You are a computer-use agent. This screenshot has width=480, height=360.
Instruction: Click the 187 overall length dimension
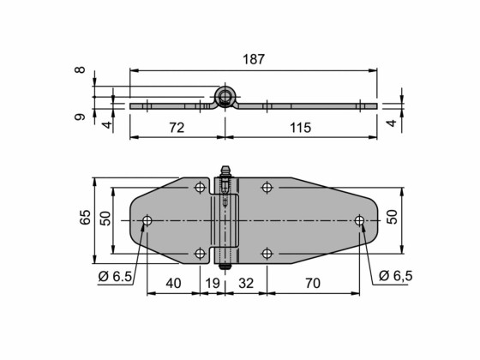tap(253, 59)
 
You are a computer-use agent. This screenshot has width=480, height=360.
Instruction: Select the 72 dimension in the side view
tap(177, 127)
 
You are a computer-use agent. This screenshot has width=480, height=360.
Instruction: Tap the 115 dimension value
tap(298, 127)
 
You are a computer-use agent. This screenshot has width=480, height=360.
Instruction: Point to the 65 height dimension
tap(85, 218)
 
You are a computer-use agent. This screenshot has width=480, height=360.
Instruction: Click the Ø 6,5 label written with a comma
tap(394, 276)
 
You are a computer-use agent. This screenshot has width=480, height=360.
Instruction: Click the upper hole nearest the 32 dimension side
tap(267, 187)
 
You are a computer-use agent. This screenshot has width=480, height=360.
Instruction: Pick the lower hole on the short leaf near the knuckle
tap(200, 253)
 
